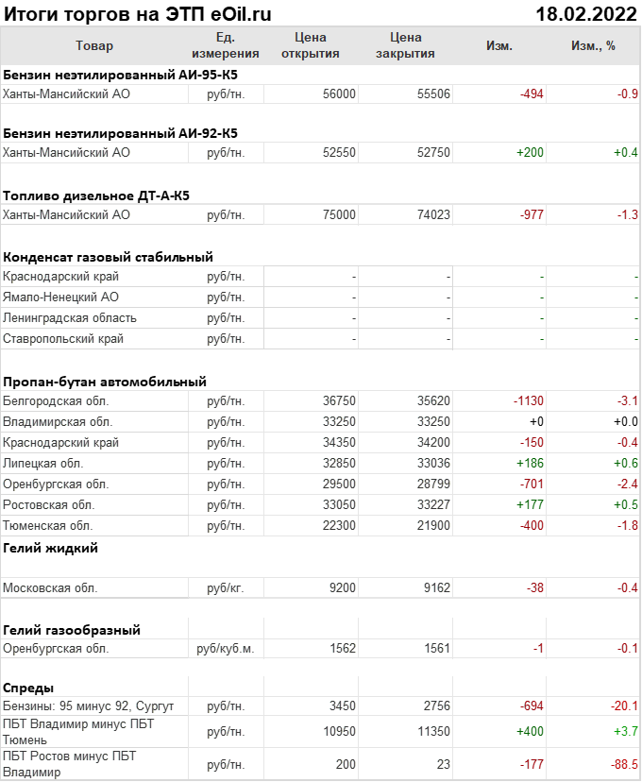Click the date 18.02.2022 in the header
click(585, 13)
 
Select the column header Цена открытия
click(310, 45)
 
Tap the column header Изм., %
click(593, 45)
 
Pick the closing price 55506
click(433, 93)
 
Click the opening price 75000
click(339, 214)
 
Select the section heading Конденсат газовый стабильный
click(109, 256)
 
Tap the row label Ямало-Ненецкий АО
click(60, 297)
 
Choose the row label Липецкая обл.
click(43, 463)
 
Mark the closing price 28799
click(433, 484)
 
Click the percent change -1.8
click(627, 525)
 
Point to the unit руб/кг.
click(225, 587)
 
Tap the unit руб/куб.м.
click(225, 649)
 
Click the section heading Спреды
click(28, 688)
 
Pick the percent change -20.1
click(623, 706)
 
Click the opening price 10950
click(339, 731)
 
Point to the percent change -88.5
click(623, 763)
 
